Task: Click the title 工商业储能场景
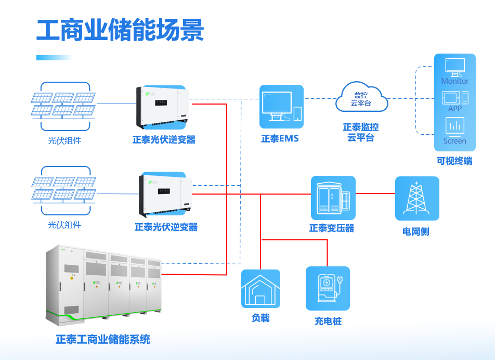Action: (x=120, y=30)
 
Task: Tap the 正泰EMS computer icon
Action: (x=281, y=107)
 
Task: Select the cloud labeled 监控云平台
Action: (x=362, y=97)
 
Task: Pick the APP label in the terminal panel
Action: (x=455, y=109)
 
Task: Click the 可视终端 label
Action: (x=454, y=161)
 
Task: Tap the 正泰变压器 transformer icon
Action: (x=333, y=198)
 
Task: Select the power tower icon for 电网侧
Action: (x=417, y=198)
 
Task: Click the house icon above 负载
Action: (x=260, y=289)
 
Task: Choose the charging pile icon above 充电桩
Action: (x=328, y=289)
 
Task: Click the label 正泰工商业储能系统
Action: (x=103, y=339)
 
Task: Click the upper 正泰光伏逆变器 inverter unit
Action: (x=162, y=107)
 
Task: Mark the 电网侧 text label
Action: (x=416, y=232)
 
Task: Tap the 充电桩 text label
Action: (x=328, y=321)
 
